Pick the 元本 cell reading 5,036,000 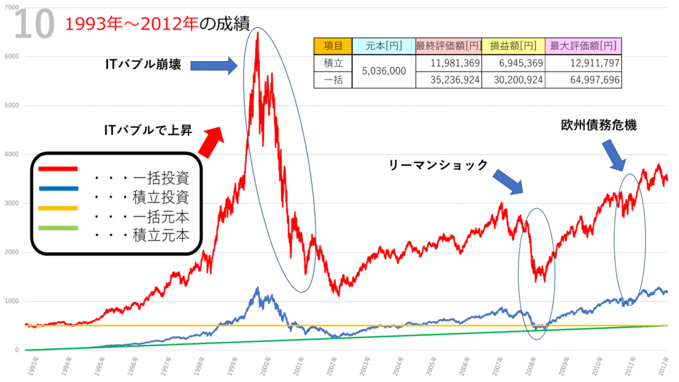385,72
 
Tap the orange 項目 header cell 333,46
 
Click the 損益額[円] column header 513,46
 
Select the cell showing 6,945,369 513,64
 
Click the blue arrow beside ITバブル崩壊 214,65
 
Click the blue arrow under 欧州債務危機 616,156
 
